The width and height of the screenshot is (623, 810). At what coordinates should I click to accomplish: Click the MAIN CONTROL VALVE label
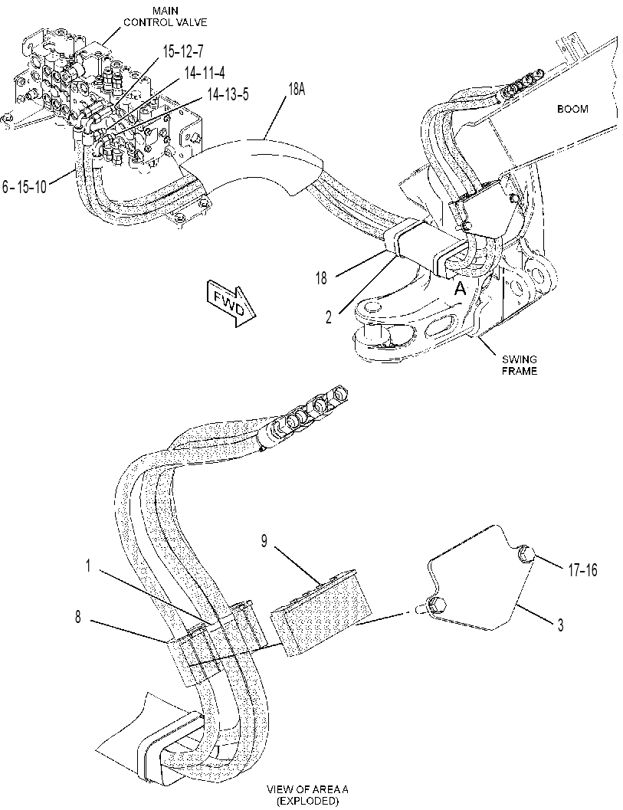tap(165, 17)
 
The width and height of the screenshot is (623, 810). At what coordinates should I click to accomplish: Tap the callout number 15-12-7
tap(183, 51)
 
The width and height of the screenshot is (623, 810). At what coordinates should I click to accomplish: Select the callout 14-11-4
tap(204, 73)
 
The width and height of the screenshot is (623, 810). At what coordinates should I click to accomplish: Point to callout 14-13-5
tap(228, 94)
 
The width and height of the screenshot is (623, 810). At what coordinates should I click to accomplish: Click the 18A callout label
tap(297, 90)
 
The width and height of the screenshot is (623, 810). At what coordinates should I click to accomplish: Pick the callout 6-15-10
tap(25, 187)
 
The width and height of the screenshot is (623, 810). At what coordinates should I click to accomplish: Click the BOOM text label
tap(572, 109)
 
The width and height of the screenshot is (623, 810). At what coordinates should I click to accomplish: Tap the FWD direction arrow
tap(231, 303)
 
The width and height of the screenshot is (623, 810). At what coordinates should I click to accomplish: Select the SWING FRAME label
tap(520, 365)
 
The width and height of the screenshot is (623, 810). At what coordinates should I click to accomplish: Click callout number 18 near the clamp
tap(321, 278)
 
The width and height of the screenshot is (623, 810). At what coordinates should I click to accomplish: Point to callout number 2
tap(329, 317)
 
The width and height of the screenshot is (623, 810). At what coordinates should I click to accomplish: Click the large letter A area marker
tap(460, 289)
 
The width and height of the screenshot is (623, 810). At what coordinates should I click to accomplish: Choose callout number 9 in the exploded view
tap(264, 543)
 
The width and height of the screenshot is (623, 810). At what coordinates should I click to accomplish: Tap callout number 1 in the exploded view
tap(88, 566)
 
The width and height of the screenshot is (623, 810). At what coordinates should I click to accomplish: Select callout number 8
tap(78, 617)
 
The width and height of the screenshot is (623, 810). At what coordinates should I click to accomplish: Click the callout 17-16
tap(582, 570)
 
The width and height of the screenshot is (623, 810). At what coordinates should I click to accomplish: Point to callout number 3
tap(560, 626)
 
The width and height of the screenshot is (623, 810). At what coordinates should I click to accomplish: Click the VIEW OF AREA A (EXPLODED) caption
tap(307, 795)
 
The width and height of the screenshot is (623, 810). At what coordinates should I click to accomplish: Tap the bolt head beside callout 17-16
tap(526, 555)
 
